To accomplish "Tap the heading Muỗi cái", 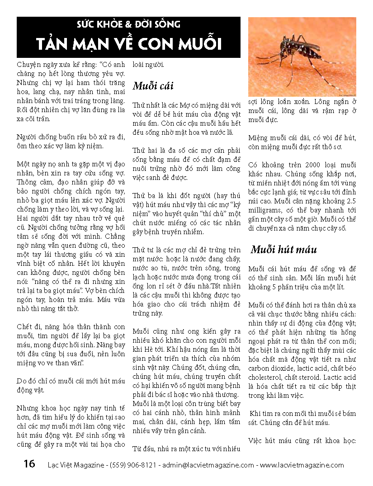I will pos(153,86).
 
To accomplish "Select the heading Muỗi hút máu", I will pos(284,250).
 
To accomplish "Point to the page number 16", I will pos(29,464).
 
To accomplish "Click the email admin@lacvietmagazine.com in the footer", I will pos(208,465).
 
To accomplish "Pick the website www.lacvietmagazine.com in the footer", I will pos(302,465).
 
